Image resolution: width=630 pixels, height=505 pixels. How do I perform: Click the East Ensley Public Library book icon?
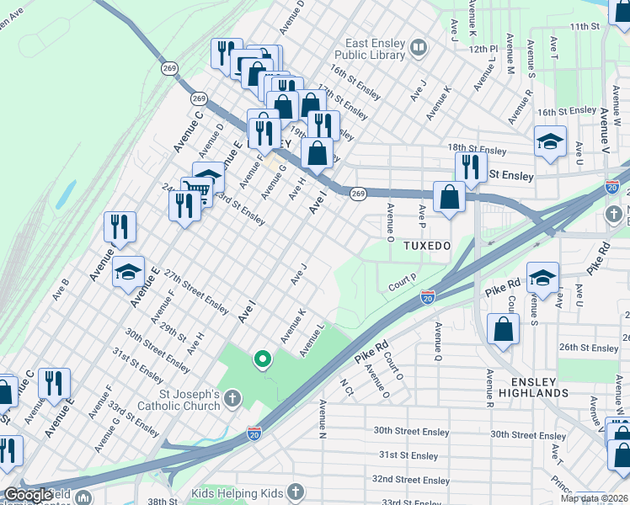point(419,48)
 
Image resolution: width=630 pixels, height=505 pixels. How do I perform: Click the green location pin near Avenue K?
point(263,360)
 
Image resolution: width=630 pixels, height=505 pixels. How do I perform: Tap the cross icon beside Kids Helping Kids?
point(295,491)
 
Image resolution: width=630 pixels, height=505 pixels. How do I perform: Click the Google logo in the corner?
point(28,494)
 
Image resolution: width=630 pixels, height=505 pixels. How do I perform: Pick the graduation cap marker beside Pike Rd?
point(543,279)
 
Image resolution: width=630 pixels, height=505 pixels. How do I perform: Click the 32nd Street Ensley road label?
point(412,480)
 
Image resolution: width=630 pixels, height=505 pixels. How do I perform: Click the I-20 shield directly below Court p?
point(428,297)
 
